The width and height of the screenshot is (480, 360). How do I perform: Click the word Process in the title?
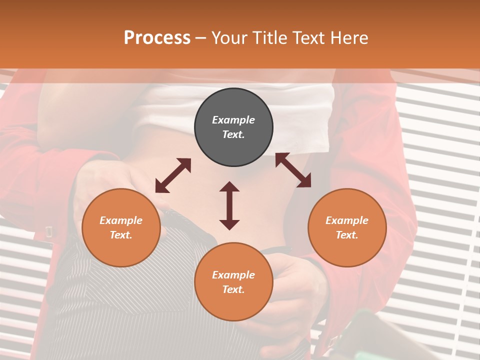point(157,38)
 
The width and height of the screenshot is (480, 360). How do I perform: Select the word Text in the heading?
point(308,38)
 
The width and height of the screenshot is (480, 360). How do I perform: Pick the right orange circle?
point(347,227)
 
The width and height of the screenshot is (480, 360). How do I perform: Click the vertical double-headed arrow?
point(229,205)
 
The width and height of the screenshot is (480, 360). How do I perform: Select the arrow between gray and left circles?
point(173,175)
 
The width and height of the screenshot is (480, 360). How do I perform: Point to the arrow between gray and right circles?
point(293,170)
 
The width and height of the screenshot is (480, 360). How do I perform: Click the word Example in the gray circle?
point(233,120)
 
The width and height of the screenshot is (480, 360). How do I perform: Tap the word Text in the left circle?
point(121,235)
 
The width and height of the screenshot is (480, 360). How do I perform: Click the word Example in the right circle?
point(347,220)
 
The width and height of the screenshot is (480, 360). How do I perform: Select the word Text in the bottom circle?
point(233,289)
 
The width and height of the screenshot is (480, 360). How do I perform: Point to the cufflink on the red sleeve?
point(49,231)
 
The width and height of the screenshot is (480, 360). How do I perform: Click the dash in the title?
point(201,38)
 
